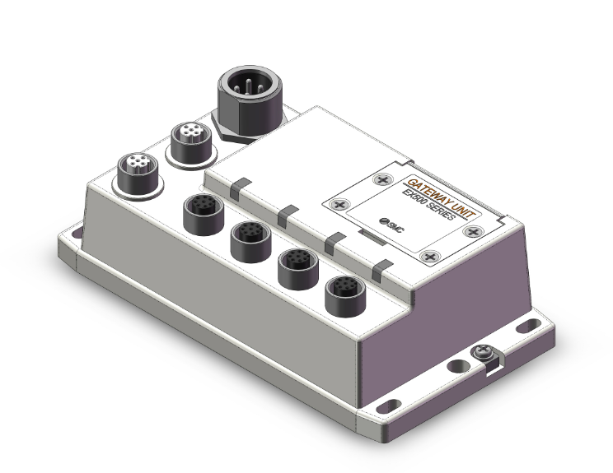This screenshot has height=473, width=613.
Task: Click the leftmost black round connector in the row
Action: (x=199, y=211)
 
